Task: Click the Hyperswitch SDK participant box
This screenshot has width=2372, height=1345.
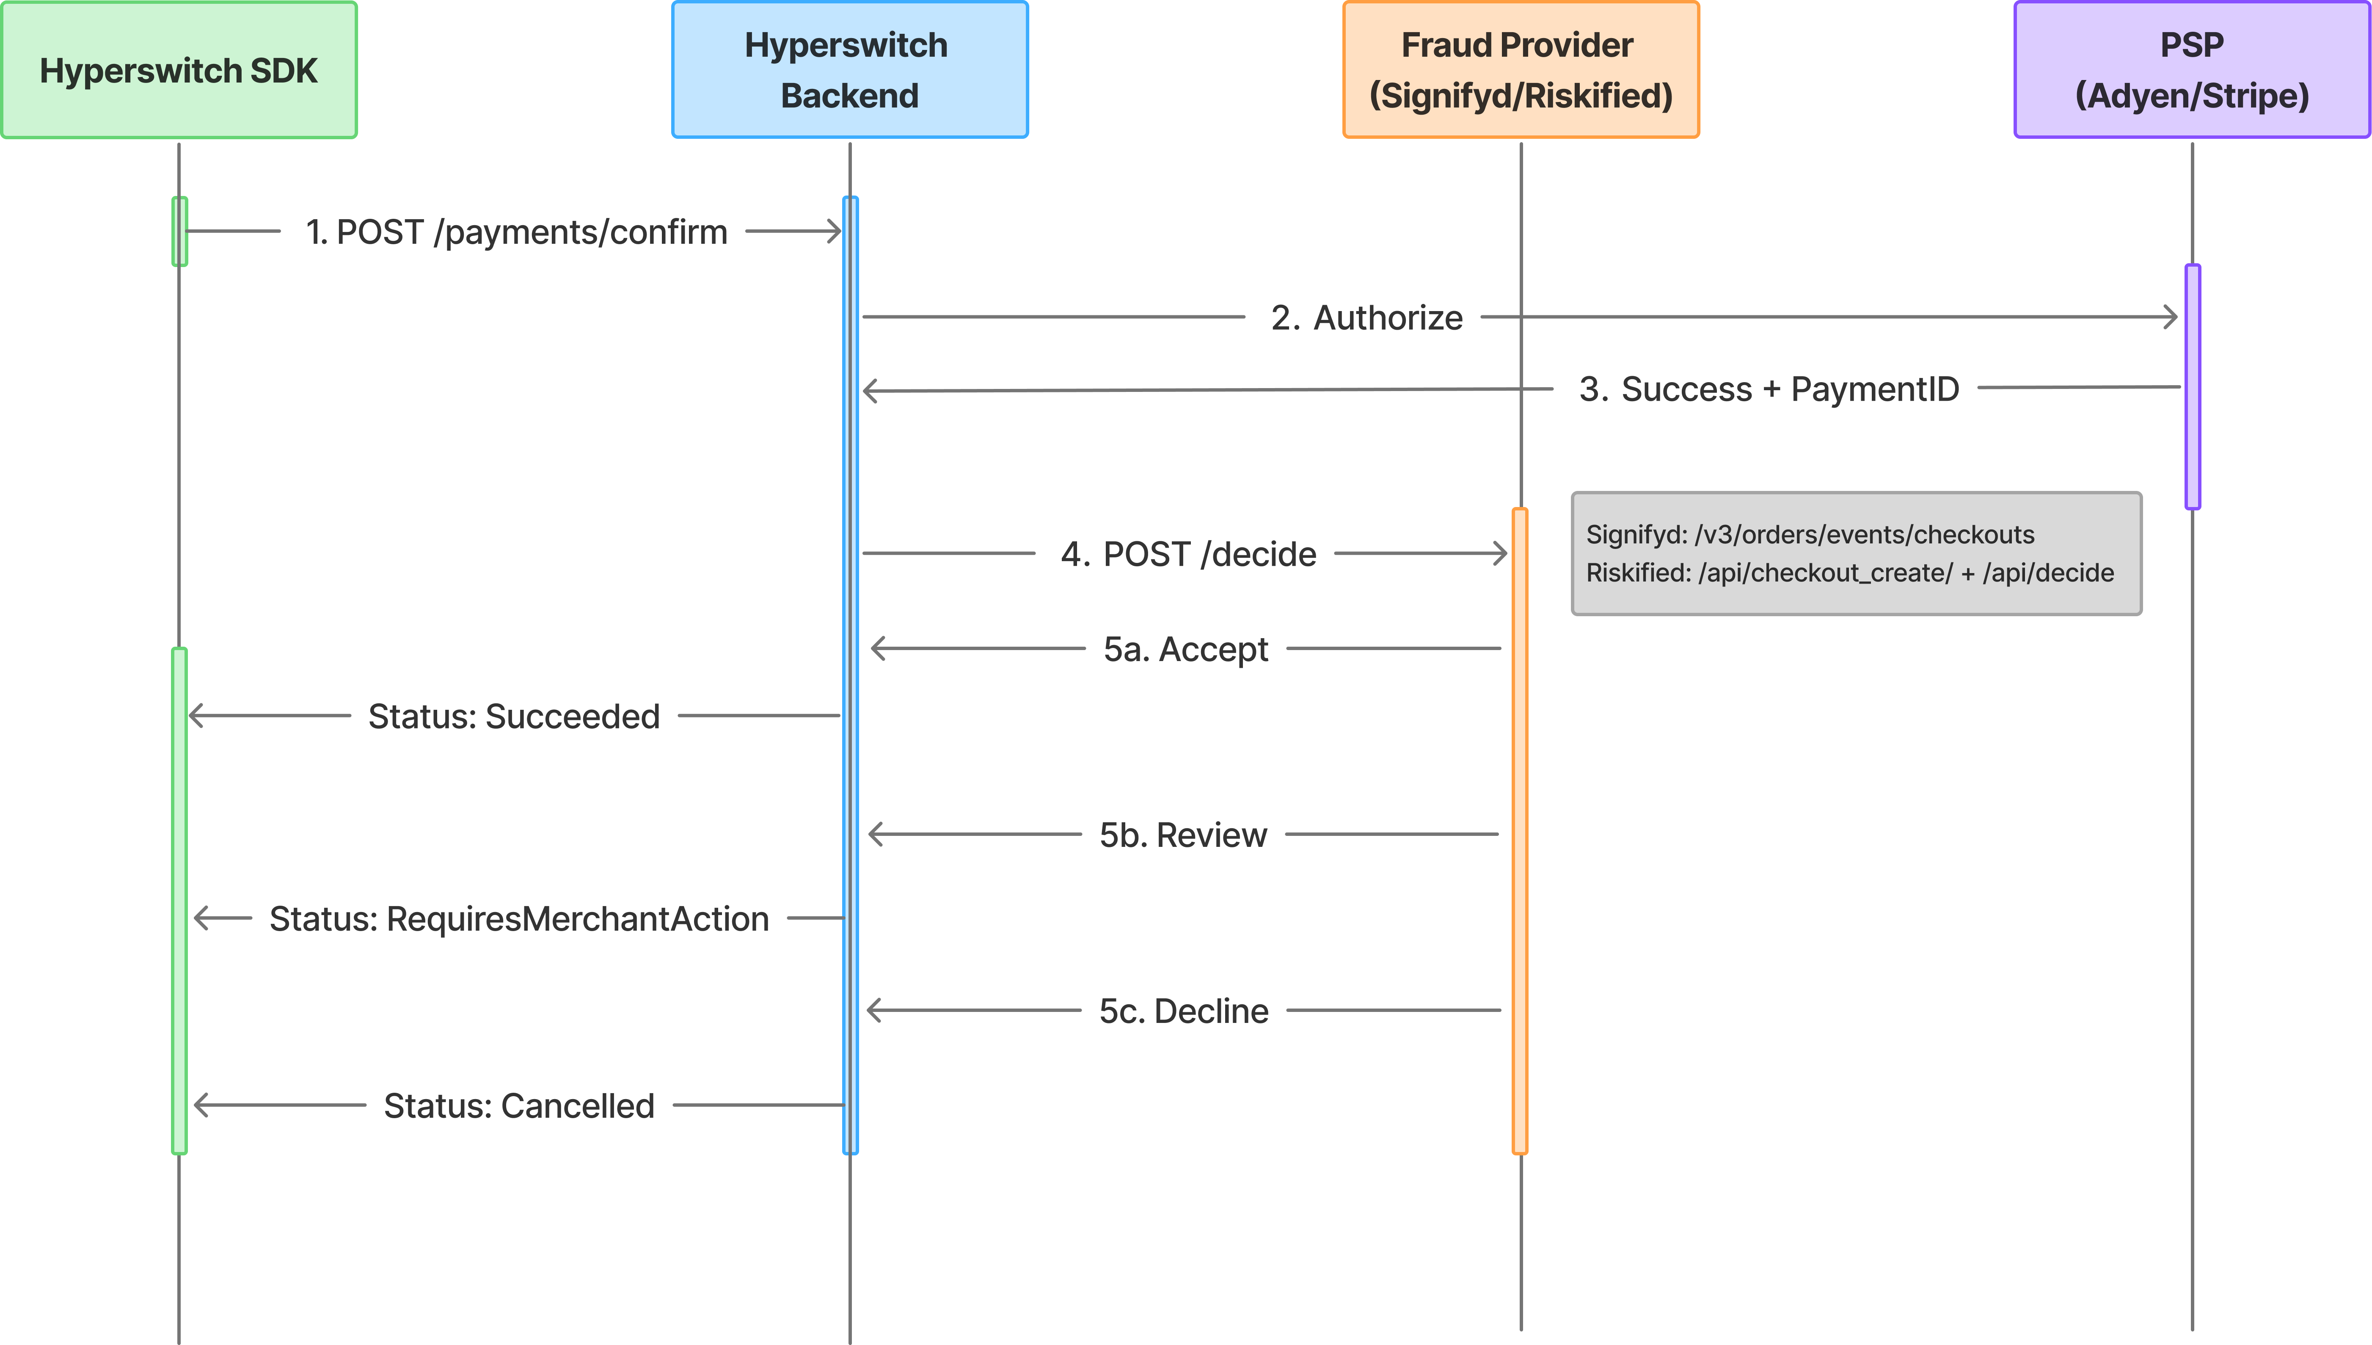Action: tap(178, 70)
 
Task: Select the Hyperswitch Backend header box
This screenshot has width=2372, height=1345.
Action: tap(850, 70)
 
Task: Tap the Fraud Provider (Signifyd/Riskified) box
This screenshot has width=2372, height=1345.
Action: tap(1521, 70)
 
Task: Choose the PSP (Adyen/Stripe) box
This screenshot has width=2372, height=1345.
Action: tap(2192, 70)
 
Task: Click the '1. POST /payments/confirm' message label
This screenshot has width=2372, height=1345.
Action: tap(516, 232)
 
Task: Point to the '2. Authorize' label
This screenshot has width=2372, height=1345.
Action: tap(1366, 318)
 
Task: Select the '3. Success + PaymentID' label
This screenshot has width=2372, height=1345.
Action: tap(1769, 389)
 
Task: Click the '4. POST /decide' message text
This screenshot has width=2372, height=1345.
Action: tap(1188, 554)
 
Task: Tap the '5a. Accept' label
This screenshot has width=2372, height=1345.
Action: tap(1186, 649)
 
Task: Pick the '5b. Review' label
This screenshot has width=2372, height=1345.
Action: tap(1183, 835)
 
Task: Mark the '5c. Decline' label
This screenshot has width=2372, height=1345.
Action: tap(1184, 1012)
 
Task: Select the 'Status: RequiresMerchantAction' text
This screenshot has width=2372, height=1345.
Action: tap(519, 919)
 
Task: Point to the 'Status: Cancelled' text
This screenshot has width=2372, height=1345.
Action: tap(519, 1106)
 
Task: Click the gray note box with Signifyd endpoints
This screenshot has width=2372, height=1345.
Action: tap(1857, 553)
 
